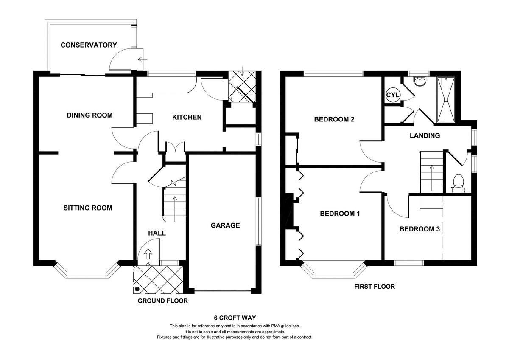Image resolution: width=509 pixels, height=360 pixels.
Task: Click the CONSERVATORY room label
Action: pyautogui.click(x=89, y=45)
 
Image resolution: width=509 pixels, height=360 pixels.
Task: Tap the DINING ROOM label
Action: pyautogui.click(x=89, y=115)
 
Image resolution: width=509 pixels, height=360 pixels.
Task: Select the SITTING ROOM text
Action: pyautogui.click(x=88, y=208)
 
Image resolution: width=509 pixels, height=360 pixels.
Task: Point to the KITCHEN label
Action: pyautogui.click(x=187, y=117)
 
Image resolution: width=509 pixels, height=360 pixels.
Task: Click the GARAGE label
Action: pyautogui.click(x=225, y=225)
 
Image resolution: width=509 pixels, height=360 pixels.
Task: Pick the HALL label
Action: pyautogui.click(x=157, y=233)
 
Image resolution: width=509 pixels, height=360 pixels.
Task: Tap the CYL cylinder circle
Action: pyautogui.click(x=392, y=95)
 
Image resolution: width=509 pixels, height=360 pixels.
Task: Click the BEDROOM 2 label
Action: pyautogui.click(x=334, y=119)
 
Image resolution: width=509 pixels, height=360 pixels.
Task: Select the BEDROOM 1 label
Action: pyautogui.click(x=340, y=214)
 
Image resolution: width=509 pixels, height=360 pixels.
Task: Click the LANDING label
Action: pyautogui.click(x=425, y=136)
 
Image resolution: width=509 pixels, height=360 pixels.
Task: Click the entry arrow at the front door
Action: pyautogui.click(x=148, y=254)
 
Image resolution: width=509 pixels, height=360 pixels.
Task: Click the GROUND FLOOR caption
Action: pyautogui.click(x=162, y=301)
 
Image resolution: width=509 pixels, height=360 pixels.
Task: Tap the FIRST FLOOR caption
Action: pyautogui.click(x=375, y=287)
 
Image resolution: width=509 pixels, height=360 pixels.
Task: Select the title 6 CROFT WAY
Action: pyautogui.click(x=235, y=318)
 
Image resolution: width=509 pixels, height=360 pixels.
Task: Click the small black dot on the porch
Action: pyautogui.click(x=137, y=289)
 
